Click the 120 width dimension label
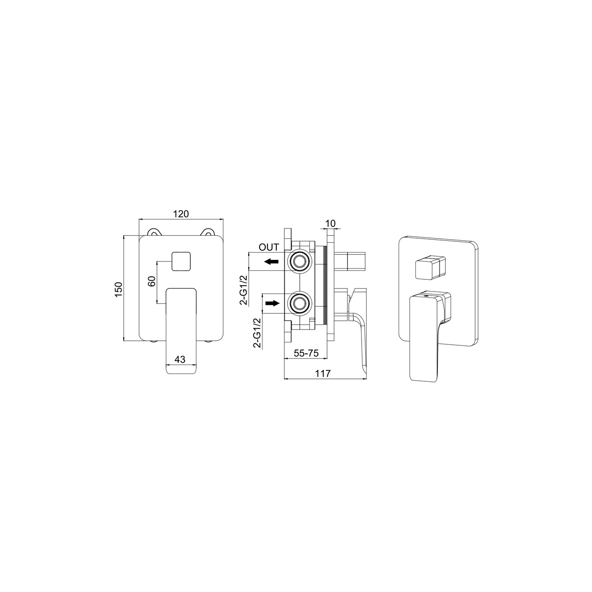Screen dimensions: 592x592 pos(181,214)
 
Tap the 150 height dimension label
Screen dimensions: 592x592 pos(118,289)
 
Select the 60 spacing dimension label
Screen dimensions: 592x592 pos(152,281)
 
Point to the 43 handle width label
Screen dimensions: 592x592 pos(181,359)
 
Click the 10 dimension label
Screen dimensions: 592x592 pos(330,223)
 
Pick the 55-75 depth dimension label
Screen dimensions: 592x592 pos(306,353)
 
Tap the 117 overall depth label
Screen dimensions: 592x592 pos(323,373)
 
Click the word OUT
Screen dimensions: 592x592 pos(269,247)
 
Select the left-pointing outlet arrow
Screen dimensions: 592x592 pos(271,261)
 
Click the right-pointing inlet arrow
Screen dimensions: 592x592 pos(272,303)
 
